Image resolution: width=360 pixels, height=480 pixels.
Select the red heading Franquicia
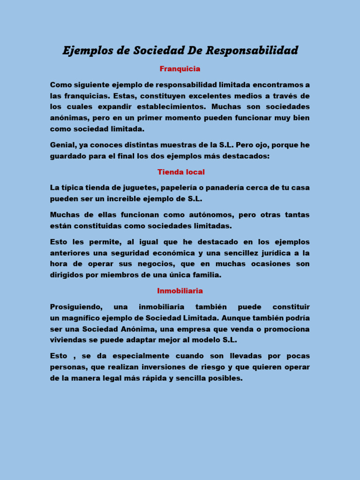tap(180, 69)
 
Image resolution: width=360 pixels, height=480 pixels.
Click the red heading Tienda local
tap(181, 172)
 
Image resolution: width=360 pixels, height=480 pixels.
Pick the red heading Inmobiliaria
tap(180, 291)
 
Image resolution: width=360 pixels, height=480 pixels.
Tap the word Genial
tap(62, 145)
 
